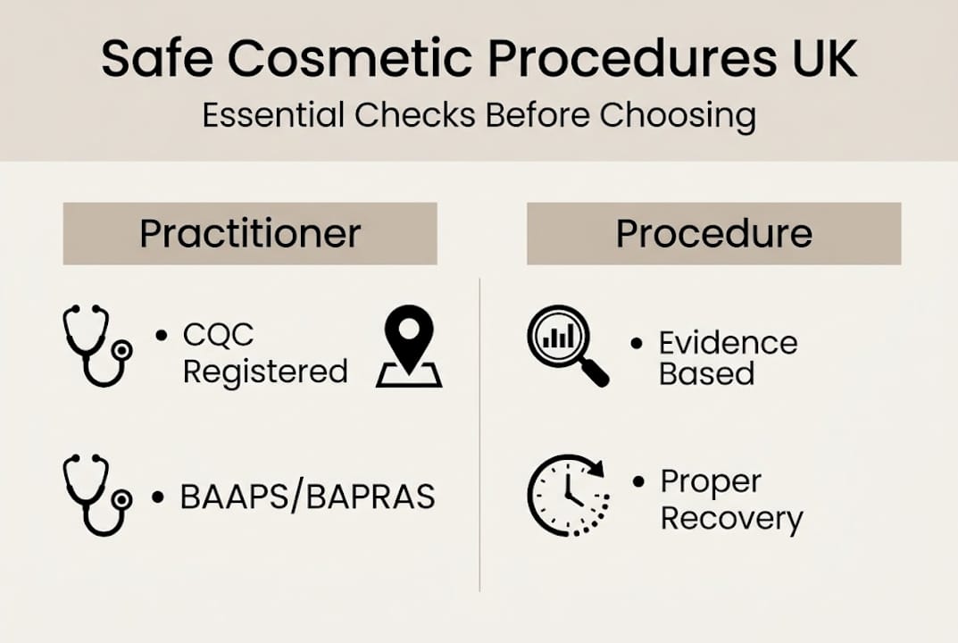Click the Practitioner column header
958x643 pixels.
click(250, 233)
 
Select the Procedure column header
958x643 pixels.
click(713, 233)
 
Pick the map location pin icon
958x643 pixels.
click(409, 347)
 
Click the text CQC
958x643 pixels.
click(219, 335)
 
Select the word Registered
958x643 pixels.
click(265, 371)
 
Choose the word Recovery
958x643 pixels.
click(731, 518)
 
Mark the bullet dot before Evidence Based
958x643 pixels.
click(637, 343)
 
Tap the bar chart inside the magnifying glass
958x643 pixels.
click(561, 337)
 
